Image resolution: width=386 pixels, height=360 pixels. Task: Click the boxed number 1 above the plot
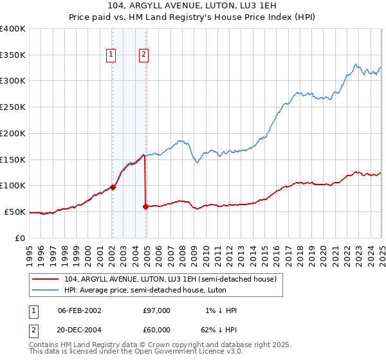pos(111,55)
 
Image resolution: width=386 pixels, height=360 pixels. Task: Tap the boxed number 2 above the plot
pos(143,55)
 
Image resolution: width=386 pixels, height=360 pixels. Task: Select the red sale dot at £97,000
pos(113,187)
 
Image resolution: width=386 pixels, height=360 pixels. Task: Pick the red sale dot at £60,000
pos(145,206)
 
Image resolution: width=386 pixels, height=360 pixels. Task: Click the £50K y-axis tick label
pos(15,212)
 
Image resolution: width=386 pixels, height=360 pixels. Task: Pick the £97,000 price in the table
pos(156,310)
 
